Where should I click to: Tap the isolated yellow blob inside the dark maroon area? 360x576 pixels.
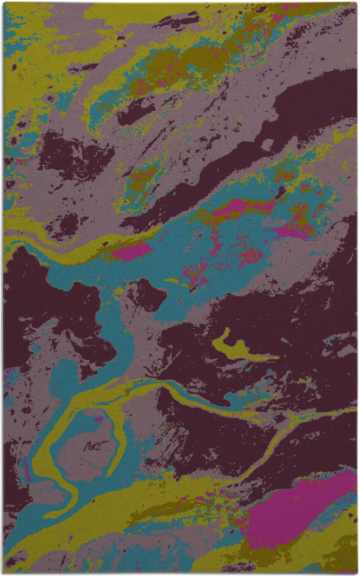pyautogui.click(x=236, y=350)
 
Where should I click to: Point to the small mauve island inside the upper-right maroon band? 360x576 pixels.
pyautogui.click(x=266, y=144)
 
